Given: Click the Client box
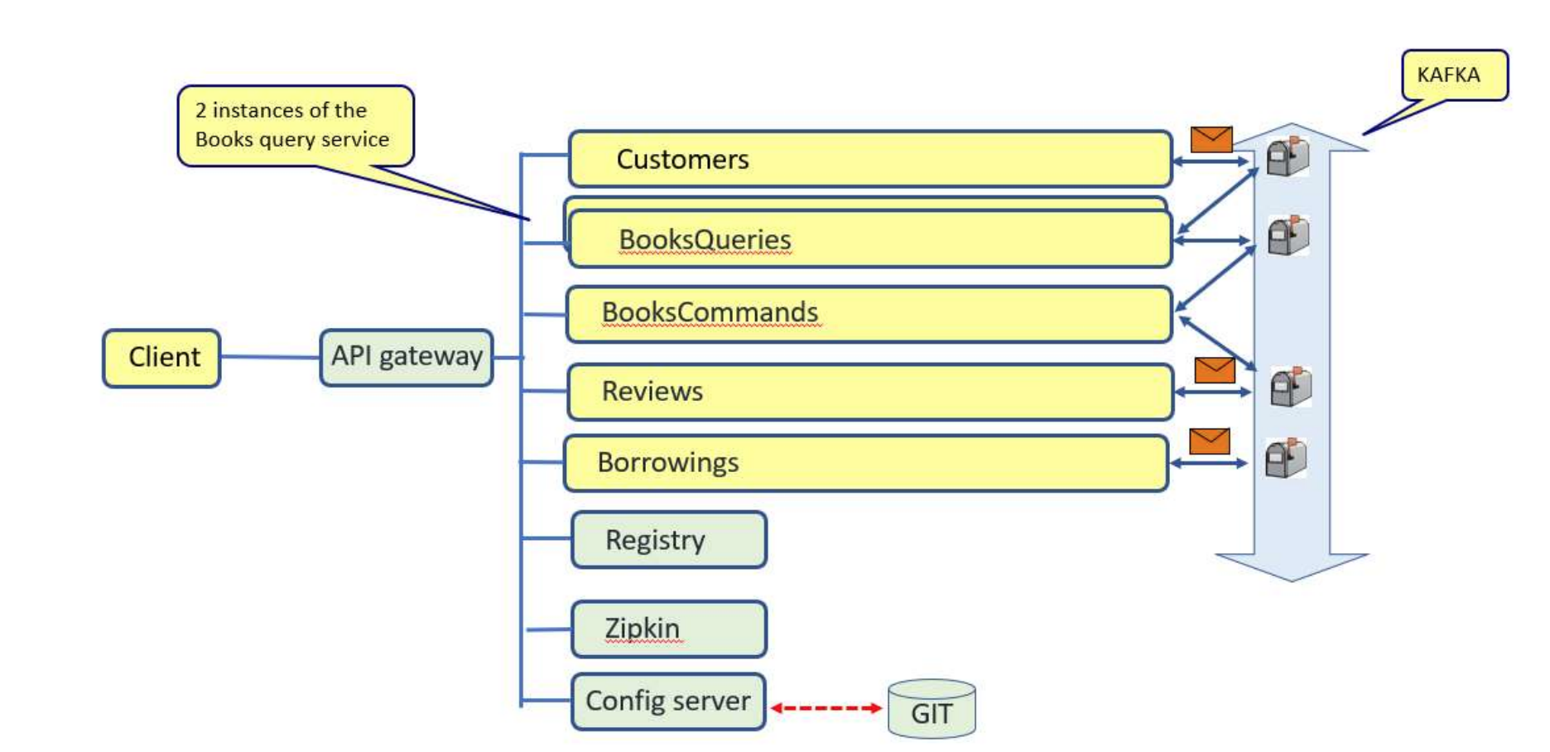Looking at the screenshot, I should click(161, 358).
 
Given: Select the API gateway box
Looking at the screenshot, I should click(407, 357).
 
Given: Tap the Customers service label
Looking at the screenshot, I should click(682, 159).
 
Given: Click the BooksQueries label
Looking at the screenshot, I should click(705, 239).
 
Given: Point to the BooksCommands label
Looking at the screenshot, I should click(710, 312).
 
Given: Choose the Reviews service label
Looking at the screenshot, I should click(652, 391).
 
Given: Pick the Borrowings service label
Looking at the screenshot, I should click(667, 462).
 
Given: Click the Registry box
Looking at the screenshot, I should click(669, 540).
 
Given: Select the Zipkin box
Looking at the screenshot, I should click(669, 629).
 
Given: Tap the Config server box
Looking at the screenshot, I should click(668, 701).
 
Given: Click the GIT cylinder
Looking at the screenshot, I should click(931, 711).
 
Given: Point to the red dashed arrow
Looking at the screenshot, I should click(826, 708).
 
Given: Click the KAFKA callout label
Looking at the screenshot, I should click(1454, 75).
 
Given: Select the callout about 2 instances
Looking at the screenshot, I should click(295, 125).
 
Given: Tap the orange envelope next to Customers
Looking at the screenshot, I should click(1211, 139).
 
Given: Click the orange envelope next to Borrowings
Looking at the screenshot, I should click(1209, 441).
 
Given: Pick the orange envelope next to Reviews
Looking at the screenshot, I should click(1215, 370).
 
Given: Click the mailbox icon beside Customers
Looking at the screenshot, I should click(1288, 157).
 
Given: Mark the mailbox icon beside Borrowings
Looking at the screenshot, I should click(1286, 458).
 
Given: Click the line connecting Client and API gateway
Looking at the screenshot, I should click(270, 357).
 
